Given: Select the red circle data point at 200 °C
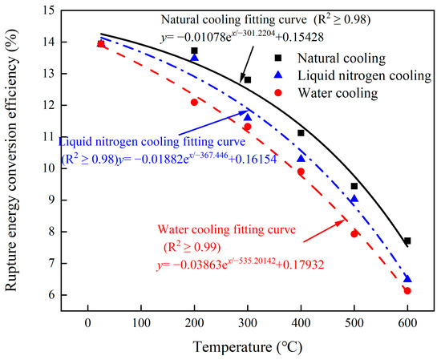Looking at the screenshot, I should coord(194,102).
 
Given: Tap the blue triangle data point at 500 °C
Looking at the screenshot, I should coord(354,199).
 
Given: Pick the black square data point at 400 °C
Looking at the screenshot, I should coord(301,133).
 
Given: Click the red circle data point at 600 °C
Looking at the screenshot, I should coord(407,291).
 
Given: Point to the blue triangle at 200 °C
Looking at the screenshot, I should coord(194,58).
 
